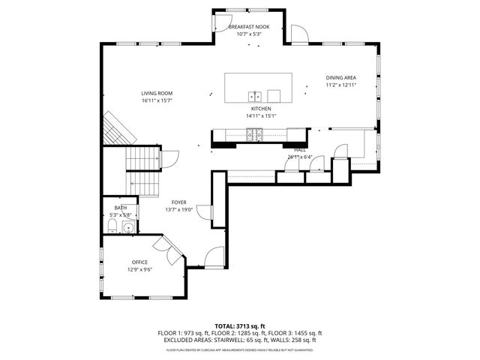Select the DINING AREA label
click(x=340, y=78)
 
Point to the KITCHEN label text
click(x=261, y=109)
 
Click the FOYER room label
click(x=178, y=202)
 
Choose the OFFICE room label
click(x=139, y=262)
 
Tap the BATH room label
click(x=120, y=208)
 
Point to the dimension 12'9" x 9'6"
click(x=139, y=269)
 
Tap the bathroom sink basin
click(x=128, y=227)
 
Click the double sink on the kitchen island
click(x=255, y=95)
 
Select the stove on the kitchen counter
click(x=256, y=135)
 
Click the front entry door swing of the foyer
click(x=214, y=256)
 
